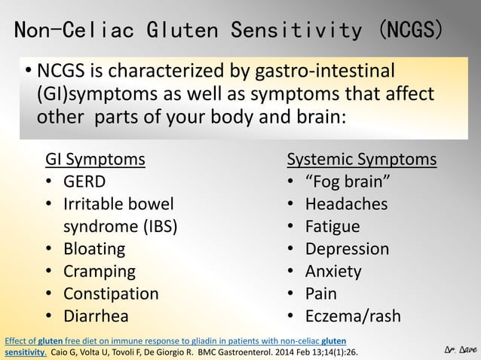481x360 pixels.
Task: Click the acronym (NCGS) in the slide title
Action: pos(411,30)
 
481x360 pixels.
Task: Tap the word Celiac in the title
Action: pos(103,30)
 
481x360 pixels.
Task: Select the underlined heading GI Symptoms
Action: pos(96,159)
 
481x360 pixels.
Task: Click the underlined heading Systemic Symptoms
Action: pos(361,159)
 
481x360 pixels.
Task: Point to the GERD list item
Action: pos(84,182)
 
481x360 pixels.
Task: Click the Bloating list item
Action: pos(94,249)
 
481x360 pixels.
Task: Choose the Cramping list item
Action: pos(99,271)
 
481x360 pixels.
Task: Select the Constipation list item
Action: pos(111,294)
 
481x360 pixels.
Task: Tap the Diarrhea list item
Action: pos(96,316)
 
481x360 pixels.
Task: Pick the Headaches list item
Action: pos(346,204)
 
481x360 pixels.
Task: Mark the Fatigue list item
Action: pos(332,227)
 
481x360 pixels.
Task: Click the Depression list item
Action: pos(347,249)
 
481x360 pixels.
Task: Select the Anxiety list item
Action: pos(333,271)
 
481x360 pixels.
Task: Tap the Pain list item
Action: pos(321,294)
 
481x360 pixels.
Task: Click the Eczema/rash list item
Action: pos(353,316)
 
